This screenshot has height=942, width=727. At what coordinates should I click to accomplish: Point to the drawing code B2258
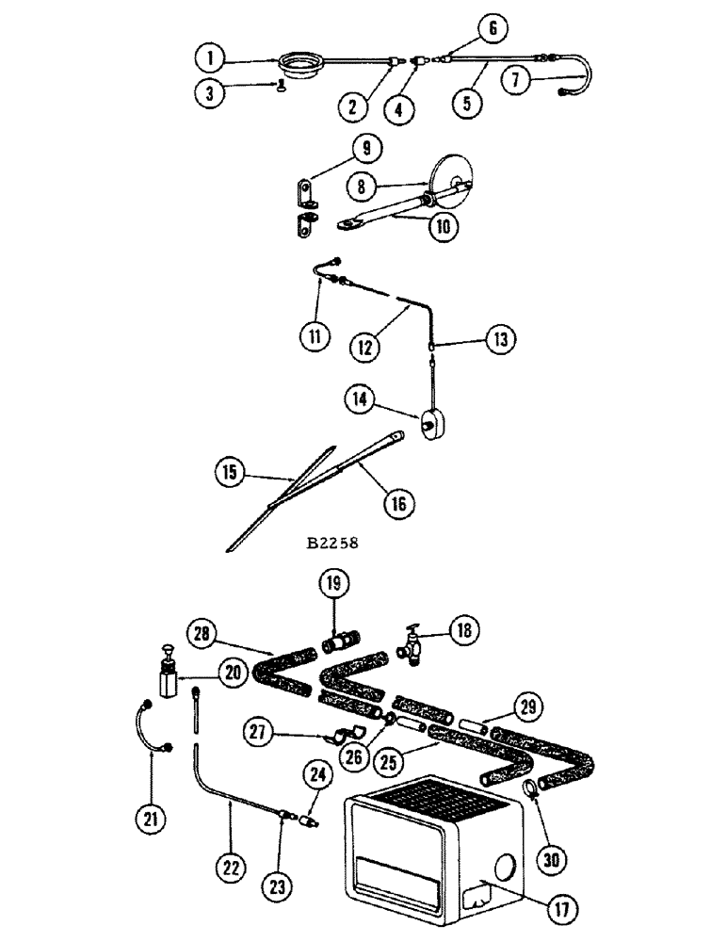(331, 543)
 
